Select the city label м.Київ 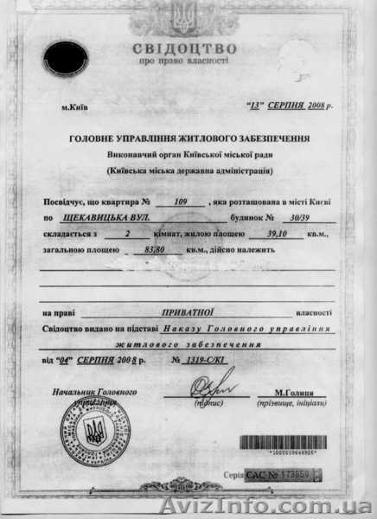tap(75, 108)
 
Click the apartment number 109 tap(181, 202)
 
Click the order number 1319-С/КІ tap(205, 357)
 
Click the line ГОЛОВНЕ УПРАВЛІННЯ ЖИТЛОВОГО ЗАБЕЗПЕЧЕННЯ tap(188, 138)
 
